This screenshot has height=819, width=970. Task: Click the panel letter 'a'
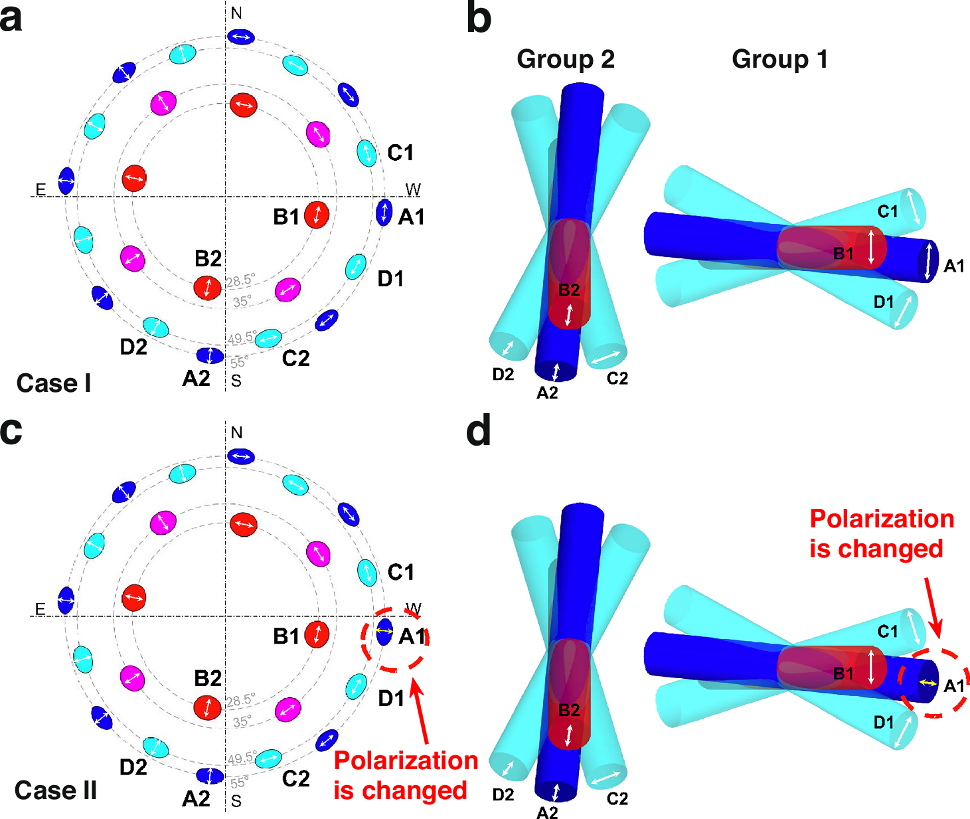tap(11, 19)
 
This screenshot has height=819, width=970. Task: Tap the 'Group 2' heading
tap(565, 60)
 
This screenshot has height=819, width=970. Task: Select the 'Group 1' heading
tap(779, 60)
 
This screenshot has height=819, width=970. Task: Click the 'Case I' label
tap(54, 383)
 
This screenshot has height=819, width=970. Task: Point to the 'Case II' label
tap(56, 790)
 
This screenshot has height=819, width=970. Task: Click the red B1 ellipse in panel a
tap(317, 215)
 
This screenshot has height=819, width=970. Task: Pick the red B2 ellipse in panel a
tap(207, 288)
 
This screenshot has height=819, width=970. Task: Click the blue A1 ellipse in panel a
tap(384, 213)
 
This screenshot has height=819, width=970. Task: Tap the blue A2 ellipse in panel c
tap(210, 775)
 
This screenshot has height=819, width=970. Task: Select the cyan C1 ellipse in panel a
tap(366, 153)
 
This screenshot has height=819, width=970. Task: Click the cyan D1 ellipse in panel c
tap(356, 685)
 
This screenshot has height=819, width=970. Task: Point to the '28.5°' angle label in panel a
tap(240, 281)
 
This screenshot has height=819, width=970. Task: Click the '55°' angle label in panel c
tap(239, 782)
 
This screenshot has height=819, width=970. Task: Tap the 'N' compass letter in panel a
tap(236, 13)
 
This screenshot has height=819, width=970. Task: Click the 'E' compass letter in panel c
tap(40, 609)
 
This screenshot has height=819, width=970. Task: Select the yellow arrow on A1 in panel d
tap(928, 683)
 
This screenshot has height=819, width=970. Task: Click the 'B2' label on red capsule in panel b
tap(569, 290)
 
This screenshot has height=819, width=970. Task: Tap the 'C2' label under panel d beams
tap(617, 798)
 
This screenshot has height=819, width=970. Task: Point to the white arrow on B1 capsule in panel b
tap(872, 247)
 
